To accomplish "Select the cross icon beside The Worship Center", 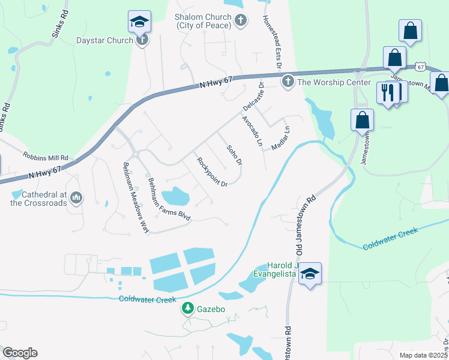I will point(288,81).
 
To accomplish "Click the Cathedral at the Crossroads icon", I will point(76,197).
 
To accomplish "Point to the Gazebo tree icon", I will point(187,308).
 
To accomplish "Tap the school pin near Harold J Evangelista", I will point(310,274).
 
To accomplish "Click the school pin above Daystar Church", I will point(139,22).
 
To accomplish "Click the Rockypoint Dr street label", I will point(212,172).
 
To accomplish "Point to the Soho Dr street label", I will point(234,155).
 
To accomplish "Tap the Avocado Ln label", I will point(252,131).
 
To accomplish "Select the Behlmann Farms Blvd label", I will point(169,199).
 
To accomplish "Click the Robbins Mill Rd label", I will point(46,155).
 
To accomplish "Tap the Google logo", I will point(20,353).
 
